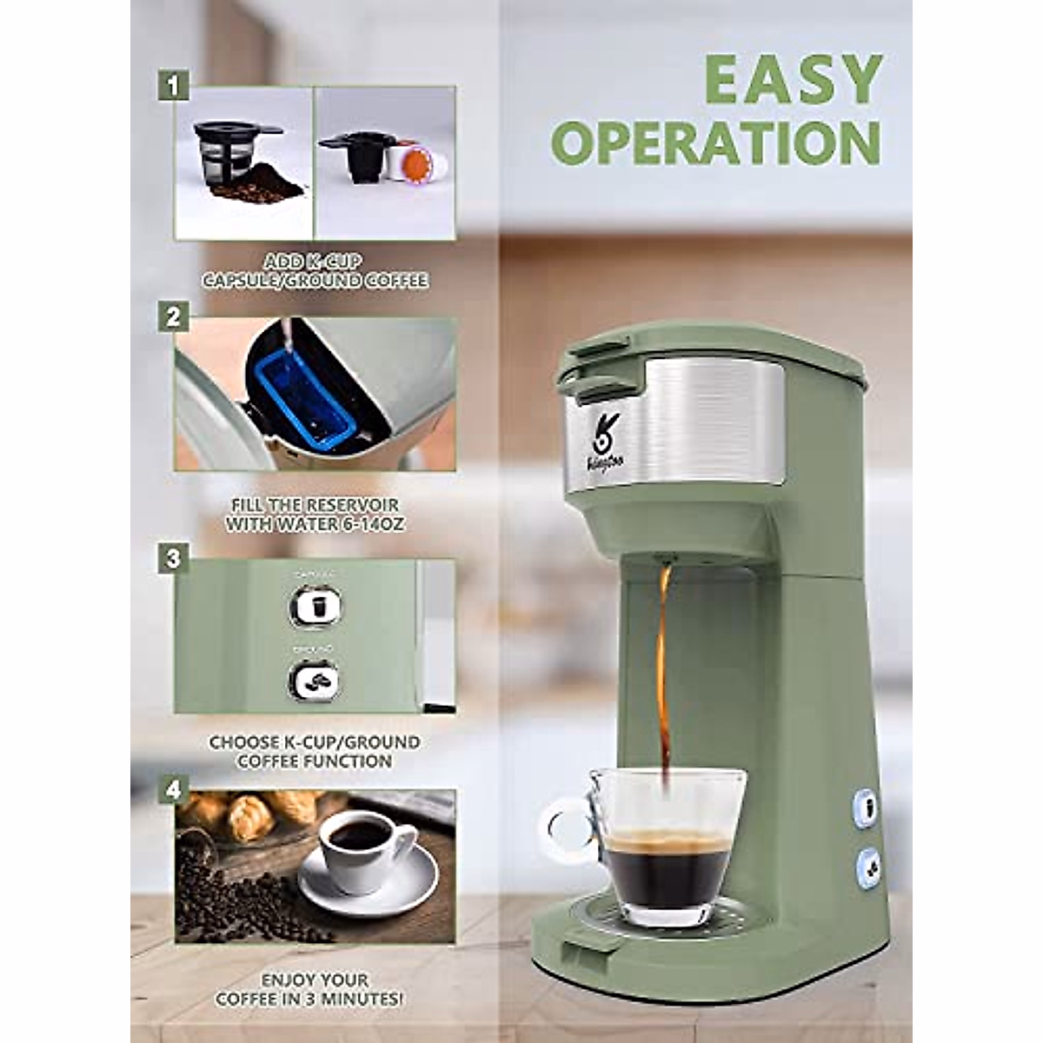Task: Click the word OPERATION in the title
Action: (716, 143)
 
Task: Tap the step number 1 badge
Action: (174, 87)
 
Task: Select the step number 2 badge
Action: (174, 317)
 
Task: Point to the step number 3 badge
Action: (174, 558)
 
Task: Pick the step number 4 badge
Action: (174, 790)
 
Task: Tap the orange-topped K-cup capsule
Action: (416, 163)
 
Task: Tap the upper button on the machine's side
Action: (866, 808)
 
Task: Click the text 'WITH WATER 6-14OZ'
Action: (315, 524)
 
